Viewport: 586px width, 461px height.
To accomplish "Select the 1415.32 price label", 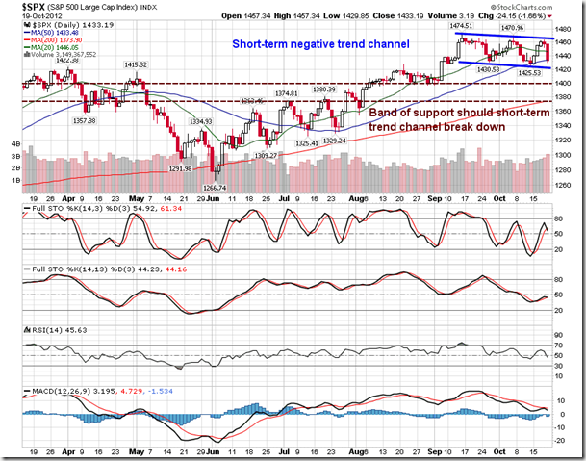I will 134,64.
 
